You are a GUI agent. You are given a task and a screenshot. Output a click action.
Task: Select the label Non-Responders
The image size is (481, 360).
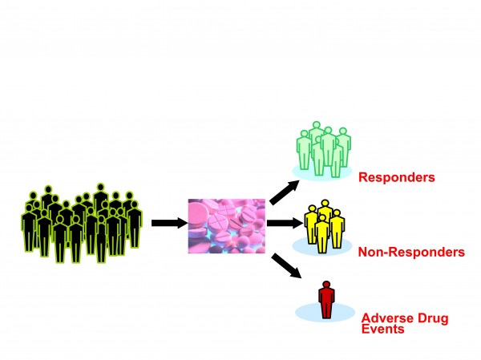pos(412,252)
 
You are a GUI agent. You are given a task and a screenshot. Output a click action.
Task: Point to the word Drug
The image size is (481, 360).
pos(433,318)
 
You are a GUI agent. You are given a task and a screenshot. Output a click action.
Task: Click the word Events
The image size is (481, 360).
pos(382,328)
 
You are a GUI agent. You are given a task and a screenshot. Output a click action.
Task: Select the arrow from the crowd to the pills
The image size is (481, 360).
pos(167,223)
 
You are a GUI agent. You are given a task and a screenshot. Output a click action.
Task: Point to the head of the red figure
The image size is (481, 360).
pos(325,284)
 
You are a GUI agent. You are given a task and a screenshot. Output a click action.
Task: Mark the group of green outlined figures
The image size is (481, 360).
pos(322,148)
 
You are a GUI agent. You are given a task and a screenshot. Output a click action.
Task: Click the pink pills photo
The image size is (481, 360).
pos(226,225)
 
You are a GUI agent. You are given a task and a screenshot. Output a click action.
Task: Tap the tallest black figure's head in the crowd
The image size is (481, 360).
pos(101,189)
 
